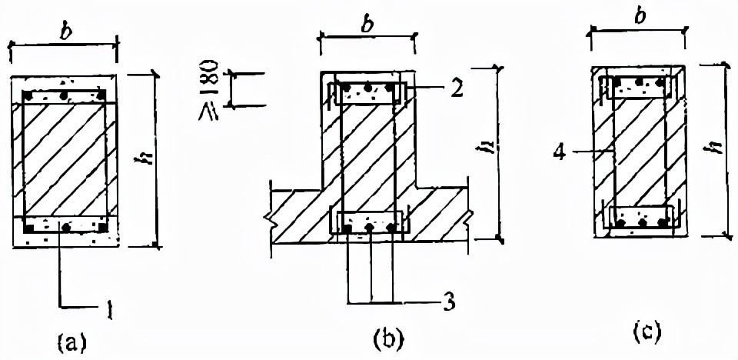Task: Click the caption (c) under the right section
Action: coord(646,332)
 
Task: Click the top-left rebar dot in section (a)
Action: coord(28,95)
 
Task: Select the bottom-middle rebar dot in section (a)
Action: coord(66,228)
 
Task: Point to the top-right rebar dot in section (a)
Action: coord(101,95)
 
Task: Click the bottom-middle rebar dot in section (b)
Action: coord(370,228)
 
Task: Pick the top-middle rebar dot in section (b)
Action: coord(369,88)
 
